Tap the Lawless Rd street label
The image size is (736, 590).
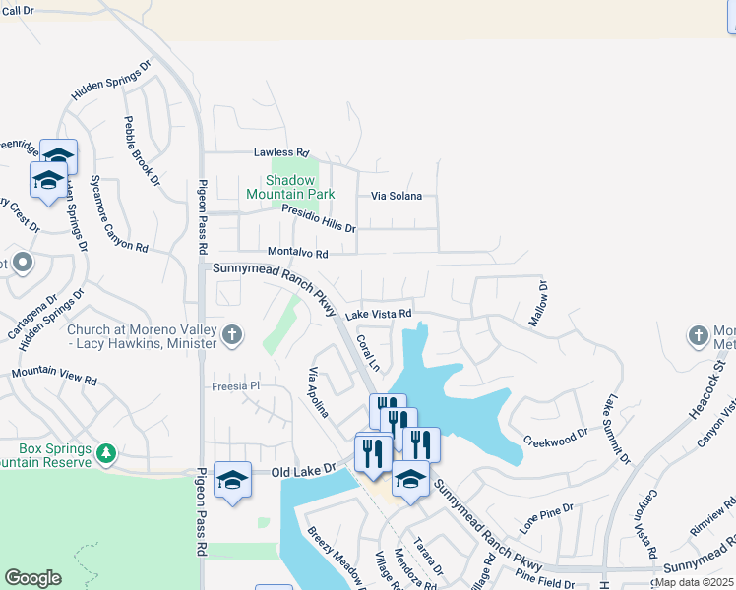pos(281,152)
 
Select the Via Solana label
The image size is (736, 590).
pos(397,196)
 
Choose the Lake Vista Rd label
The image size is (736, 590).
pos(378,314)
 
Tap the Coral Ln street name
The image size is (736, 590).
pos(367,351)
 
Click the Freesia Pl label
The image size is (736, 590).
pos(234,386)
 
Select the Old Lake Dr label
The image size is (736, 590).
pos(304,472)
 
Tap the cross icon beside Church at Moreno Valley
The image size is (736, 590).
pos(231,335)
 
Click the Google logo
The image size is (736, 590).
pos(32,578)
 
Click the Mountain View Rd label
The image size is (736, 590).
pos(54,377)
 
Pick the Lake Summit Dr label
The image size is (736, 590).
pos(618,428)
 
